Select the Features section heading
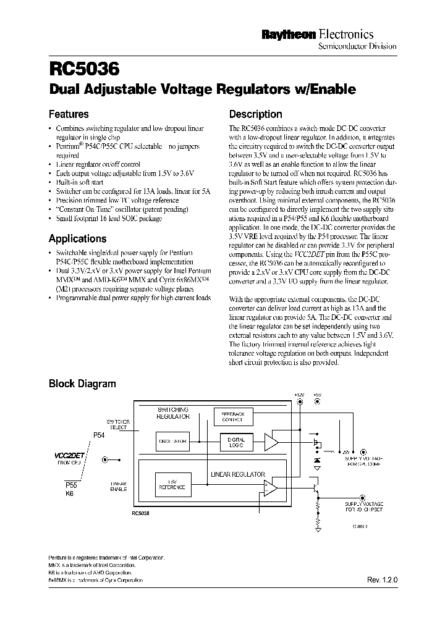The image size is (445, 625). (x=69, y=114)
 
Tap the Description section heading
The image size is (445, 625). (x=255, y=114)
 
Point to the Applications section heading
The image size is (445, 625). (x=77, y=238)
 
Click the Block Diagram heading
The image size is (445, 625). (x=82, y=384)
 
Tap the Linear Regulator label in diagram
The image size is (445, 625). (x=237, y=474)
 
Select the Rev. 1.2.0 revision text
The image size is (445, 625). (x=381, y=582)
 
